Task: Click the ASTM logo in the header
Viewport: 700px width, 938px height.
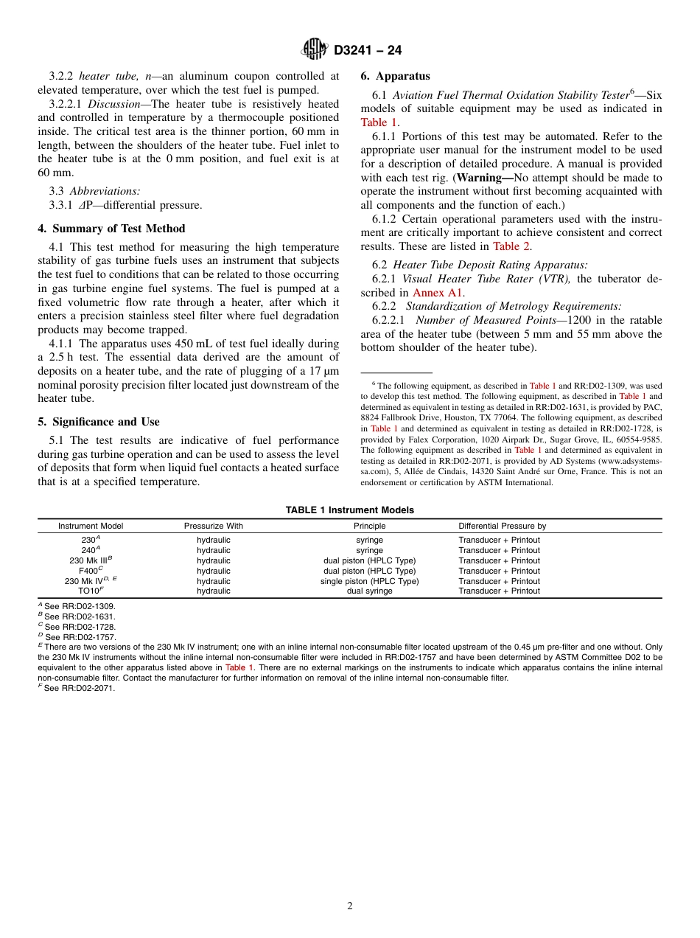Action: pos(315,49)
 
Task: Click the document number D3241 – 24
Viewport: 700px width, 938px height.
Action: pos(368,50)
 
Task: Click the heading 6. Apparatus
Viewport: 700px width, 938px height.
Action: pos(395,76)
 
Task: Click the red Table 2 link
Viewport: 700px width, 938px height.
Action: pos(511,246)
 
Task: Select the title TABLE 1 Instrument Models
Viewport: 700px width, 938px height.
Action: pos(349,510)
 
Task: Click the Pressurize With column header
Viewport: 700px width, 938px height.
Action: pos(213,527)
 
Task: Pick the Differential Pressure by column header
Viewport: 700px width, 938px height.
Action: pos(502,527)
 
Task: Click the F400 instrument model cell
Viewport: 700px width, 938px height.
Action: pos(90,571)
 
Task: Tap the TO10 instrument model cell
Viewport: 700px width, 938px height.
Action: pos(90,591)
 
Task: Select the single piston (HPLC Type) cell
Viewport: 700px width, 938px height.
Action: pos(369,581)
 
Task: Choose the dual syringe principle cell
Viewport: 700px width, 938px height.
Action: pos(369,591)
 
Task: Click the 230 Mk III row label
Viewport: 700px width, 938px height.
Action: pos(90,560)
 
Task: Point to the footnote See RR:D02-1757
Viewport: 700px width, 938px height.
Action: pos(80,636)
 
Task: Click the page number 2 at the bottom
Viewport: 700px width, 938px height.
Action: pos(350,906)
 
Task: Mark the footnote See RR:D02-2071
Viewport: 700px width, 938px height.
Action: pos(79,688)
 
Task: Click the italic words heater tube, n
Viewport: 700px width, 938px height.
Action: pos(114,76)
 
